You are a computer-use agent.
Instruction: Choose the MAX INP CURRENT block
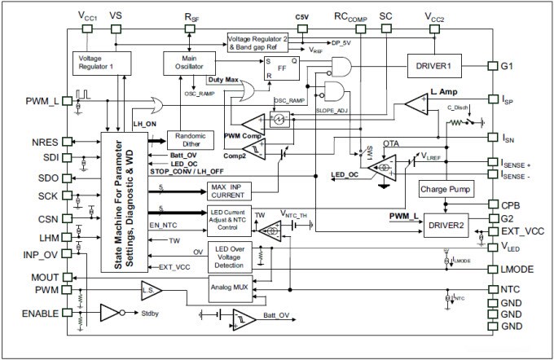[231, 192]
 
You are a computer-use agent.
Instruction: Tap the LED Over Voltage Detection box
[231, 255]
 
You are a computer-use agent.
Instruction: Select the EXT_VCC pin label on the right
[523, 231]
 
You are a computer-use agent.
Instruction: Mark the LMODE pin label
[518, 268]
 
